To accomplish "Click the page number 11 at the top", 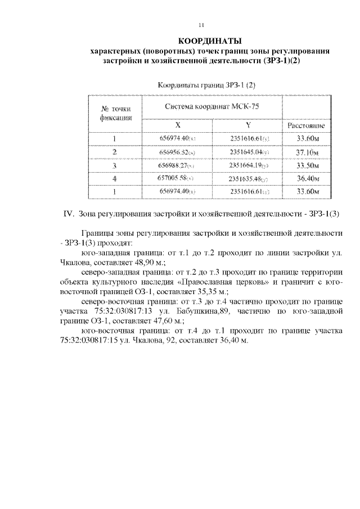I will click(x=202, y=25).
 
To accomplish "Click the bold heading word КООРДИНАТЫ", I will click(x=209, y=41).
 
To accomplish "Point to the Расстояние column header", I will click(x=307, y=126).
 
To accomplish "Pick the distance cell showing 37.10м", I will click(x=307, y=152).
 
